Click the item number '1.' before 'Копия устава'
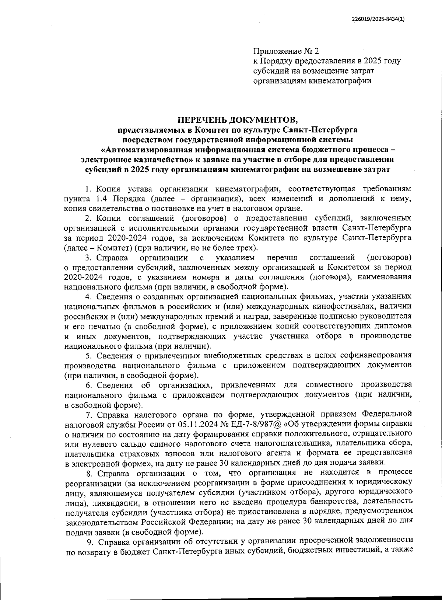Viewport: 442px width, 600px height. coord(88,189)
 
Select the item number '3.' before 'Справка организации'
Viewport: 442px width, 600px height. coord(88,257)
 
